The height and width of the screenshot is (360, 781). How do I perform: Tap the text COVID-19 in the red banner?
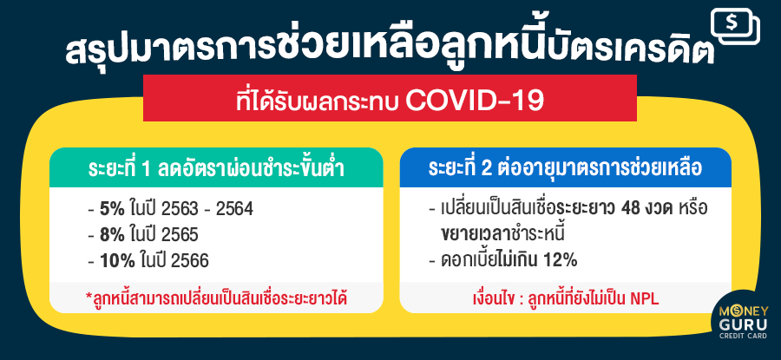click(474, 100)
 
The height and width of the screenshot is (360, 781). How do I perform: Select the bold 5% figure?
click(112, 210)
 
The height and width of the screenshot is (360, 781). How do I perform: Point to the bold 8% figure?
click(112, 235)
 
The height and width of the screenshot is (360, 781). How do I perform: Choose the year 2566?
click(190, 261)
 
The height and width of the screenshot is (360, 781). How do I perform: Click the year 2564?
click(234, 210)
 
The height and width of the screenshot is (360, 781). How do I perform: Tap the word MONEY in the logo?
click(744, 311)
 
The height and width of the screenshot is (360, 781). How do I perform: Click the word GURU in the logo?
click(744, 326)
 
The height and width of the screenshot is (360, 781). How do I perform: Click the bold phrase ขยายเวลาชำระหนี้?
click(503, 234)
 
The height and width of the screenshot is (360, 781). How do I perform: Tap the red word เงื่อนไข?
click(494, 299)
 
